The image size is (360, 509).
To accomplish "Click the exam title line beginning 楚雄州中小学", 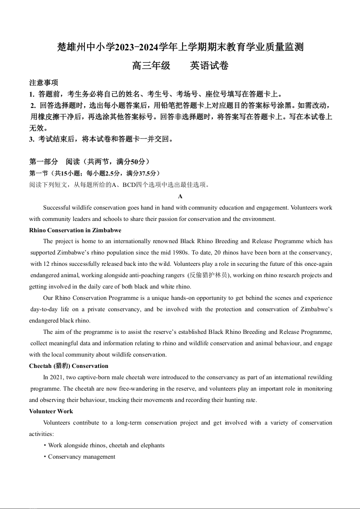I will tap(180, 47).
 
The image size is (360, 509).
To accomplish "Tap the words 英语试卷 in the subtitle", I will tap(209, 66).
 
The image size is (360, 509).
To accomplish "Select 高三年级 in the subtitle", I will tap(151, 66).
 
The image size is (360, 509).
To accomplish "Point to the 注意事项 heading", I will tap(44, 83).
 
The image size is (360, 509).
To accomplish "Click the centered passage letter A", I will tap(180, 196).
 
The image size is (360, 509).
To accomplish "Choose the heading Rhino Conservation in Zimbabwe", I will tap(75, 230).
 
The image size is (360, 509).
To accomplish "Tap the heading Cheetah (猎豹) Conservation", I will tap(69, 366).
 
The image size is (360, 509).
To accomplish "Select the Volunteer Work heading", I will tap(51, 411).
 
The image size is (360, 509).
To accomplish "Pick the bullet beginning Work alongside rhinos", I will tap(106, 445).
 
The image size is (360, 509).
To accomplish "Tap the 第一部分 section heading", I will tap(44, 162).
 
